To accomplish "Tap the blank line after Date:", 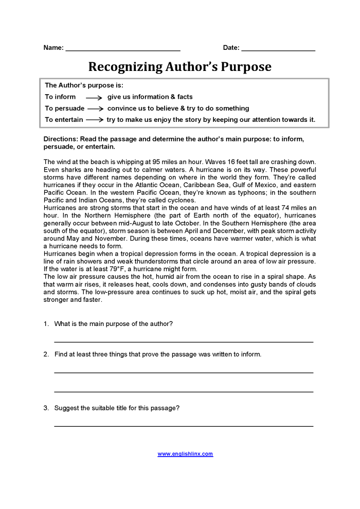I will point(278,50).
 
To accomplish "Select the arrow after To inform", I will point(94,97).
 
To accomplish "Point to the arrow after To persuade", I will point(95,109).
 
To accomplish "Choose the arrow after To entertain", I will point(95,120).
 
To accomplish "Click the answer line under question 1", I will point(184,341).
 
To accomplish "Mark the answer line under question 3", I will point(184,426).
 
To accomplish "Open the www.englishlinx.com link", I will point(185,454).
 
